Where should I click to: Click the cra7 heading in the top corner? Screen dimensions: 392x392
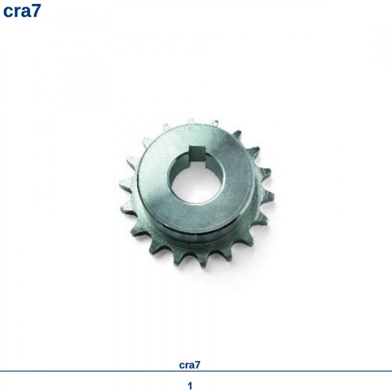pyautogui.click(x=22, y=11)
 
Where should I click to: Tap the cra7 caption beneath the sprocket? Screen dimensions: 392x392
pyautogui.click(x=190, y=365)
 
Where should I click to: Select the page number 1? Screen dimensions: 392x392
pyautogui.click(x=190, y=386)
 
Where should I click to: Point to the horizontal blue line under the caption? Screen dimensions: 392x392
pyautogui.click(x=196, y=371)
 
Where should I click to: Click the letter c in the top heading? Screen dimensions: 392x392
pyautogui.click(x=8, y=12)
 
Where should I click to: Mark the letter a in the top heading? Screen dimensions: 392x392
pyautogui.click(x=25, y=12)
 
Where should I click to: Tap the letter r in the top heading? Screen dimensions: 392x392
pyautogui.click(x=17, y=12)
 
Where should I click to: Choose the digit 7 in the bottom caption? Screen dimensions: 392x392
pyautogui.click(x=198, y=365)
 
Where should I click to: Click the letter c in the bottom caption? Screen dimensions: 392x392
pyautogui.click(x=182, y=366)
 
